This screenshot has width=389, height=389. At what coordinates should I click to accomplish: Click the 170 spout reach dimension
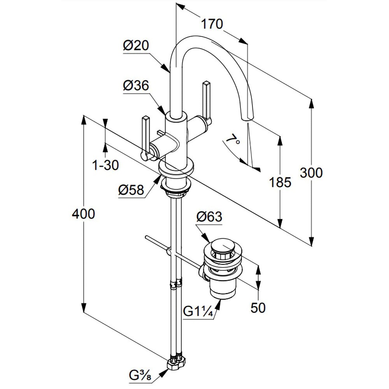click(212, 24)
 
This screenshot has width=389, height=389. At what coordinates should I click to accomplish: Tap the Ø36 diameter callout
click(136, 86)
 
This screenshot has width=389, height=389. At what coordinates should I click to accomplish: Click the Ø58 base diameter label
click(131, 190)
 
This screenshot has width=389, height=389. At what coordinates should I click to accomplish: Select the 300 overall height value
click(311, 172)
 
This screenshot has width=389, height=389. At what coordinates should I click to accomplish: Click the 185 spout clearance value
click(280, 182)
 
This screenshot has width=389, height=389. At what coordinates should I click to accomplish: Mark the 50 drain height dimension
click(258, 308)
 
